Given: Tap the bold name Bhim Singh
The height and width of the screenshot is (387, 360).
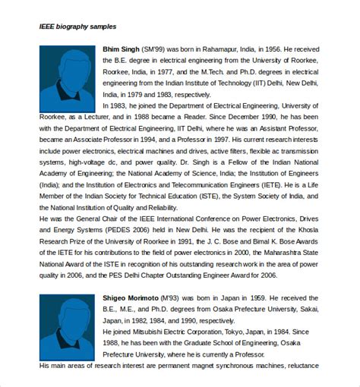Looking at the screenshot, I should coord(122,50).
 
